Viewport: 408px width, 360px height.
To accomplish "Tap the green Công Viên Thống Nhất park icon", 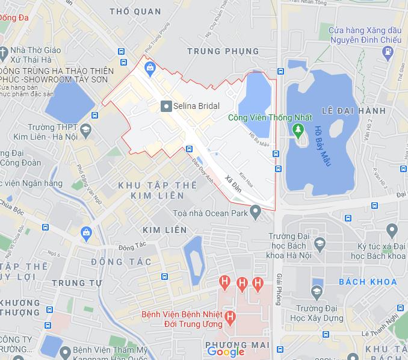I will (x=297, y=129).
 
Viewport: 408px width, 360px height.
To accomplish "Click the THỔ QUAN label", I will (x=136, y=11).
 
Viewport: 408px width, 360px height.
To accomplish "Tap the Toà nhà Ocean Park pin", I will (x=255, y=212).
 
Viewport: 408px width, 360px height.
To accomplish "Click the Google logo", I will (x=226, y=352).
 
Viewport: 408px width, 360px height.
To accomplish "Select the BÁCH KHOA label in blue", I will (x=368, y=282).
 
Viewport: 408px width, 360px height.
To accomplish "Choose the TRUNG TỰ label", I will (x=75, y=283).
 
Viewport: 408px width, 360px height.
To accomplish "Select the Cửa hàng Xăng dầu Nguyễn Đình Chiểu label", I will (x=367, y=34).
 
